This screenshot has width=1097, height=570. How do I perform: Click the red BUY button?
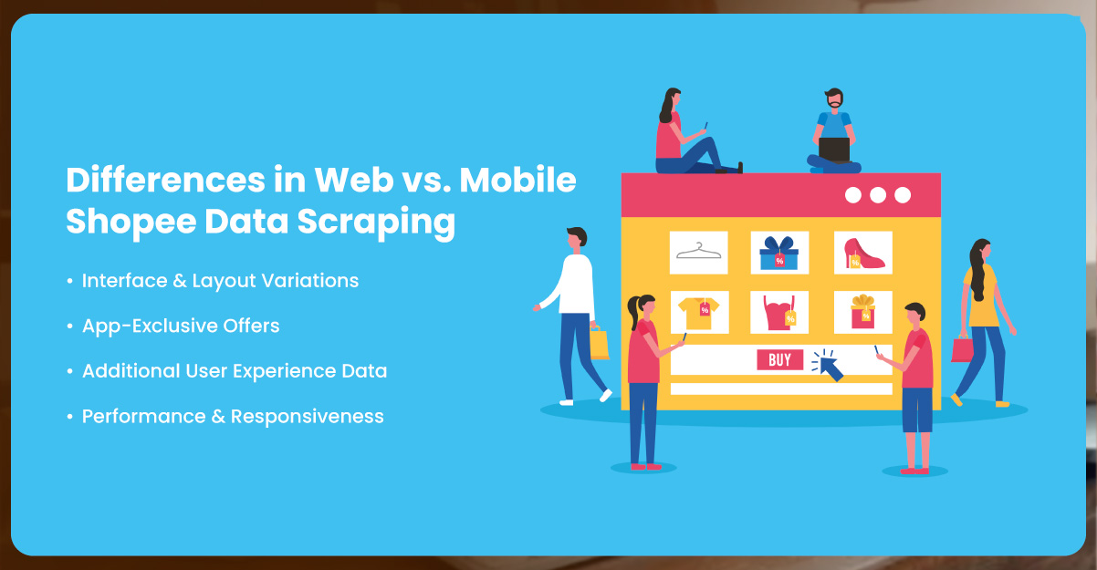pos(779,360)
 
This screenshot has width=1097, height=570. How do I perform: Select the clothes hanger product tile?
pos(698,253)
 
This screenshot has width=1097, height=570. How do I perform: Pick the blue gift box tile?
pos(779,253)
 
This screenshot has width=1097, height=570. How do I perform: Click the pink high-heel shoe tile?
pos(862,253)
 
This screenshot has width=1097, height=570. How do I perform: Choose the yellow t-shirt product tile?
pos(698,312)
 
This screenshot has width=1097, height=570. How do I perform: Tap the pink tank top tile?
pos(779,312)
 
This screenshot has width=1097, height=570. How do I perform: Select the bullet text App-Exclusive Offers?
pos(181,326)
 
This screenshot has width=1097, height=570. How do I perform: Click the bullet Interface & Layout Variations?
pos(220,281)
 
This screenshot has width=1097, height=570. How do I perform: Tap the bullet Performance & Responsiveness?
pos(233,417)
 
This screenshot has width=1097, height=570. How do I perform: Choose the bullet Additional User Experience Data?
pos(235,371)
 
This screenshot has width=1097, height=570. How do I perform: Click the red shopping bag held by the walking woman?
pos(961,348)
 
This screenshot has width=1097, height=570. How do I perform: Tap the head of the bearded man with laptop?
pos(833,100)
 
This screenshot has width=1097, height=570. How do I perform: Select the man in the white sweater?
pos(576,292)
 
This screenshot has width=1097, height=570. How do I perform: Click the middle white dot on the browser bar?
pos(878,195)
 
